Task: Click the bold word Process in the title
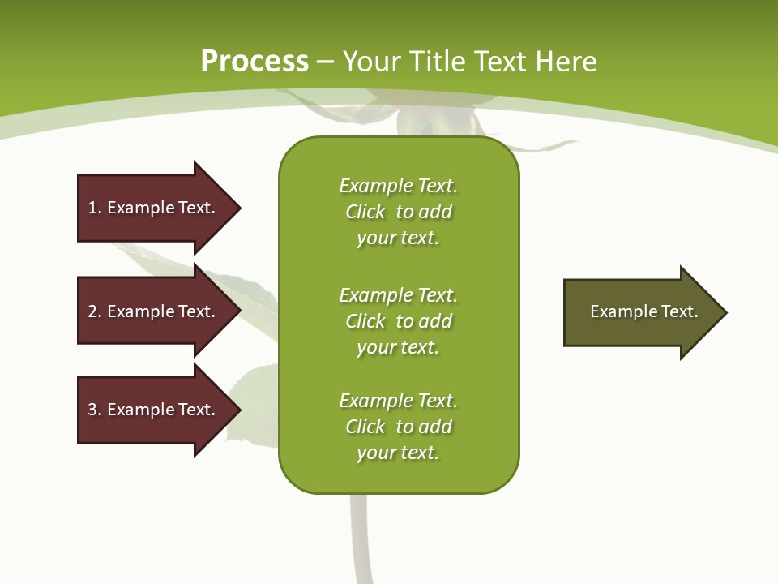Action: pos(254,62)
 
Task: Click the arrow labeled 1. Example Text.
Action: pos(154,208)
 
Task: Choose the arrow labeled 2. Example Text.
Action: pos(154,311)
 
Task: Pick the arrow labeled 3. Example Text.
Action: pos(154,410)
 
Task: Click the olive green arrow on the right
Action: pos(640,311)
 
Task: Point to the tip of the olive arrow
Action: pos(725,312)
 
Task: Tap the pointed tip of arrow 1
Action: pos(238,208)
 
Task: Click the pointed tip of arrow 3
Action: pos(238,410)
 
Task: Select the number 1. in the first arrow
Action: pos(95,208)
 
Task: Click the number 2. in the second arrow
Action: pos(95,311)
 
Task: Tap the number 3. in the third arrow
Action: pos(95,410)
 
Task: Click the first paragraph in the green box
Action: pos(399,212)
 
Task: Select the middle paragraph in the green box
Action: pos(399,321)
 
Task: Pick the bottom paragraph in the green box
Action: pos(399,427)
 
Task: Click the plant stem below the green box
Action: pos(359,539)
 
